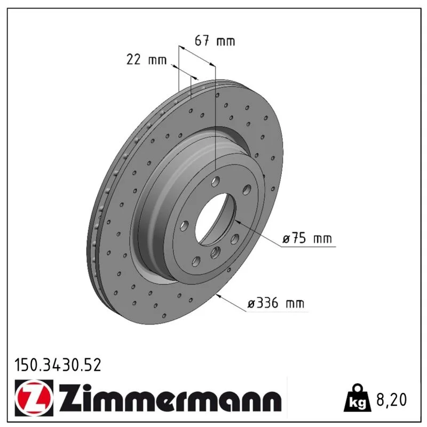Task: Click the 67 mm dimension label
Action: coord(215,41)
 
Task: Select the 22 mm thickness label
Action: coord(146,59)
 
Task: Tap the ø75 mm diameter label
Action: coord(307,239)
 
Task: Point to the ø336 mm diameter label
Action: coord(275,303)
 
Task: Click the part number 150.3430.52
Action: coord(58,365)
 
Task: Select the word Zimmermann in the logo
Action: coord(170,398)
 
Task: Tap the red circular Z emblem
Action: coord(34,398)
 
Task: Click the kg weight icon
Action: coord(357,399)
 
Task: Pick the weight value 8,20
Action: coord(391,400)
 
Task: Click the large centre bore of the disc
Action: coord(216,218)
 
